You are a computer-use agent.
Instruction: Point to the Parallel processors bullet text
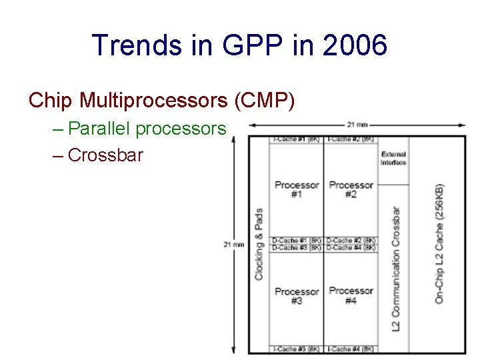pos(147,129)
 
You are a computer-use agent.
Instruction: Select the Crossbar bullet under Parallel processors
pos(105,155)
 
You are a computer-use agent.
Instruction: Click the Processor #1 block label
pos(297,189)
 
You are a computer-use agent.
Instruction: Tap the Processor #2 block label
pos(351,189)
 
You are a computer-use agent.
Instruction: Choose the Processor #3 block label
pos(297,296)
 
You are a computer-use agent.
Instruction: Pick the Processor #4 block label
pos(351,295)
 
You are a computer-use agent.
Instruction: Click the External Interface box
pos(393,158)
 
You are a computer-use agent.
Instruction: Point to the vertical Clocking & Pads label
pos(259,244)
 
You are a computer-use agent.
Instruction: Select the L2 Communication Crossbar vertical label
pos(396,269)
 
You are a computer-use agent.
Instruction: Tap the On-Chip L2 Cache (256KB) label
pos(439,243)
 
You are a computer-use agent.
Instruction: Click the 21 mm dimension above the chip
pos(357,125)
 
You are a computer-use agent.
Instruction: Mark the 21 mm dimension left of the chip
pos(233,245)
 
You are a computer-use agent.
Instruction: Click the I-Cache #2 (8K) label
pos(351,139)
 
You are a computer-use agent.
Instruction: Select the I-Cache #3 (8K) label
pos(297,349)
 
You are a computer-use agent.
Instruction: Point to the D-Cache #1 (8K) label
pos(297,240)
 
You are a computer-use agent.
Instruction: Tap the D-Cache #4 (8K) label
pos(351,247)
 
